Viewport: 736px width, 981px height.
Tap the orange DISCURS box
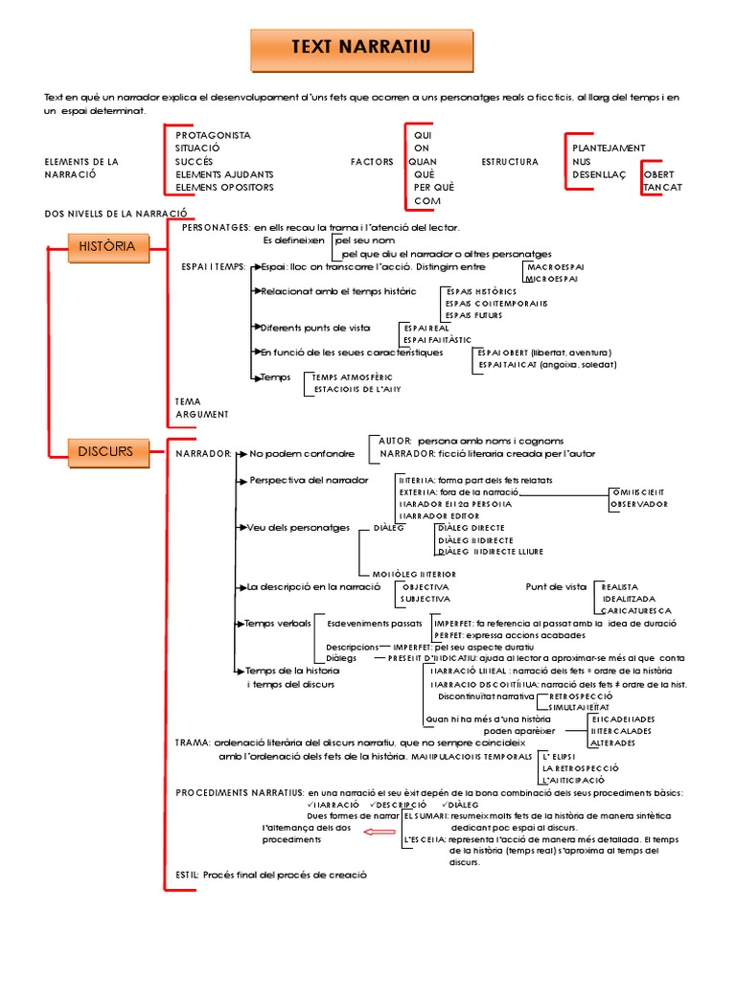pyautogui.click(x=106, y=449)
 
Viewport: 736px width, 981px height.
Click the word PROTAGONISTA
pyautogui.click(x=213, y=135)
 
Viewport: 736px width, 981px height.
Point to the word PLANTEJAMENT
pyautogui.click(x=609, y=148)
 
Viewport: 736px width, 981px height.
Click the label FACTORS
pyautogui.click(x=372, y=162)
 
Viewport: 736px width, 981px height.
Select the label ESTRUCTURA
pyautogui.click(x=510, y=162)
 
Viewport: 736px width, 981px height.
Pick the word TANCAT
pyautogui.click(x=663, y=188)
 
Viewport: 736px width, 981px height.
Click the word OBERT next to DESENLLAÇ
pyautogui.click(x=659, y=175)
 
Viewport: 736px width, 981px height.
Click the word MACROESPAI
pyautogui.click(x=556, y=266)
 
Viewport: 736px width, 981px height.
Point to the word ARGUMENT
pyautogui.click(x=202, y=414)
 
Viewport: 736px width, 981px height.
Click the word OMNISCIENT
pyautogui.click(x=639, y=491)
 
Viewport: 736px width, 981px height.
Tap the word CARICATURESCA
pyautogui.click(x=636, y=610)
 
